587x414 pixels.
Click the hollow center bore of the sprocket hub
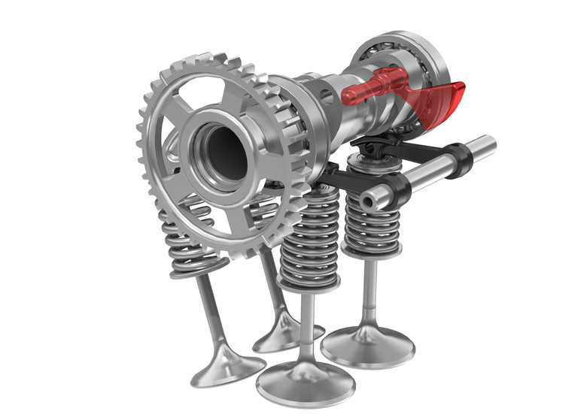[x=224, y=151]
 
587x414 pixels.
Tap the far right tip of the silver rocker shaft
[x=489, y=143]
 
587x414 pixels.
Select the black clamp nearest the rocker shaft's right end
[x=458, y=159]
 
